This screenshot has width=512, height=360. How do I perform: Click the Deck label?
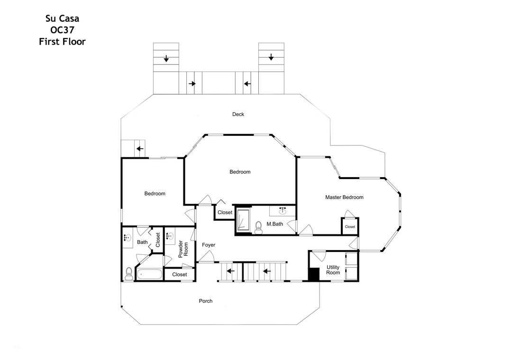238,114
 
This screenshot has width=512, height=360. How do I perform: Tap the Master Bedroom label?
344,197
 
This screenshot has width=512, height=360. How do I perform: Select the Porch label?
206,301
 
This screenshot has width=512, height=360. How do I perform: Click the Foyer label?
209,245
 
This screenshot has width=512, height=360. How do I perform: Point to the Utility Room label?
333,270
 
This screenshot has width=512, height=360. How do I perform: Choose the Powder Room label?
183,249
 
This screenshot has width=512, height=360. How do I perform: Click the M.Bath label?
275,224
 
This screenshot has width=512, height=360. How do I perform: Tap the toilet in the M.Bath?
259,227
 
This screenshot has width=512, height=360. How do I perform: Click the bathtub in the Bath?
149,274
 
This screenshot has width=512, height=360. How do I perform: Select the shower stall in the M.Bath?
243,220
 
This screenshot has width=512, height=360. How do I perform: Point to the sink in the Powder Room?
169,236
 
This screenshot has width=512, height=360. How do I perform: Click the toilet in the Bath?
128,274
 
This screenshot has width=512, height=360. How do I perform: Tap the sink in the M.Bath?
283,210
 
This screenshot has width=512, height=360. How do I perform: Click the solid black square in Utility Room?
314,274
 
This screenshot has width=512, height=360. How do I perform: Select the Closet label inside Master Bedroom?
350,227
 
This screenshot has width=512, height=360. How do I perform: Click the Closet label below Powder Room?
180,274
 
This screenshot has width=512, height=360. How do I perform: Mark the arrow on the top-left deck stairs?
166,59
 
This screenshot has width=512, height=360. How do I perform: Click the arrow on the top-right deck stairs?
271,57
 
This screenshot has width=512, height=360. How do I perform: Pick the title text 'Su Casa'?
63,18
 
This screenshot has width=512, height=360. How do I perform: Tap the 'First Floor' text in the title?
63,42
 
